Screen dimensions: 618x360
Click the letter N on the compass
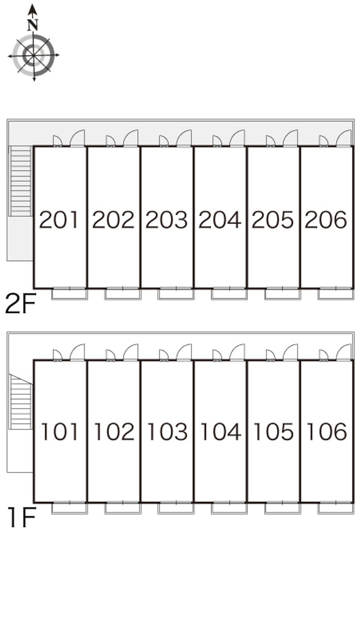pyautogui.click(x=32, y=25)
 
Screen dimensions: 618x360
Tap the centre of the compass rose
pyautogui.click(x=33, y=55)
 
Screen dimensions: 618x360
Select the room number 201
pyautogui.click(x=59, y=220)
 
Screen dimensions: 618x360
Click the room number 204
pyautogui.click(x=220, y=220)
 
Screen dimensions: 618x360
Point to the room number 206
pyautogui.click(x=326, y=220)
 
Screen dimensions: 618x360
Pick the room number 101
pyautogui.click(x=59, y=432)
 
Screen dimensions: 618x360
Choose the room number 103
pyautogui.click(x=166, y=432)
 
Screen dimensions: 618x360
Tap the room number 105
pyautogui.click(x=273, y=432)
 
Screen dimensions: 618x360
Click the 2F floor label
pyautogui.click(x=20, y=304)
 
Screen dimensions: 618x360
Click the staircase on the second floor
pyautogui.click(x=20, y=180)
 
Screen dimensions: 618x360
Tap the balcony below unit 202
pyautogui.click(x=122, y=294)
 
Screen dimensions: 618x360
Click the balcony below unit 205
pyautogui.click(x=282, y=294)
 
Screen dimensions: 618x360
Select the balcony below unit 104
pyautogui.click(x=229, y=508)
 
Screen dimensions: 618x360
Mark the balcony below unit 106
pyautogui.click(x=336, y=508)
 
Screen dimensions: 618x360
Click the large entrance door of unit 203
pyautogui.click(x=184, y=138)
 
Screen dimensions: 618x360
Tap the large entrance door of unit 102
pyautogui.click(x=131, y=352)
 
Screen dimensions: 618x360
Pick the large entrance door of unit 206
pyautogui.click(x=344, y=138)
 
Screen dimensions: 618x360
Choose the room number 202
pyautogui.click(x=113, y=220)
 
